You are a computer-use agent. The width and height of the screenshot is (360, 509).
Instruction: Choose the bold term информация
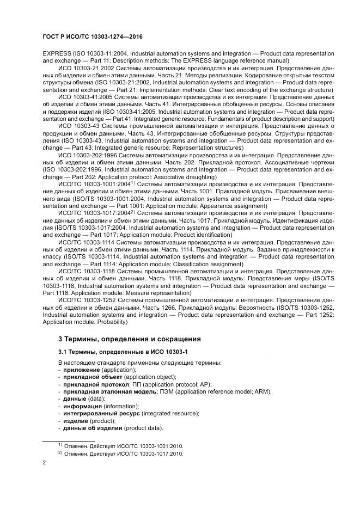click(82, 406)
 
